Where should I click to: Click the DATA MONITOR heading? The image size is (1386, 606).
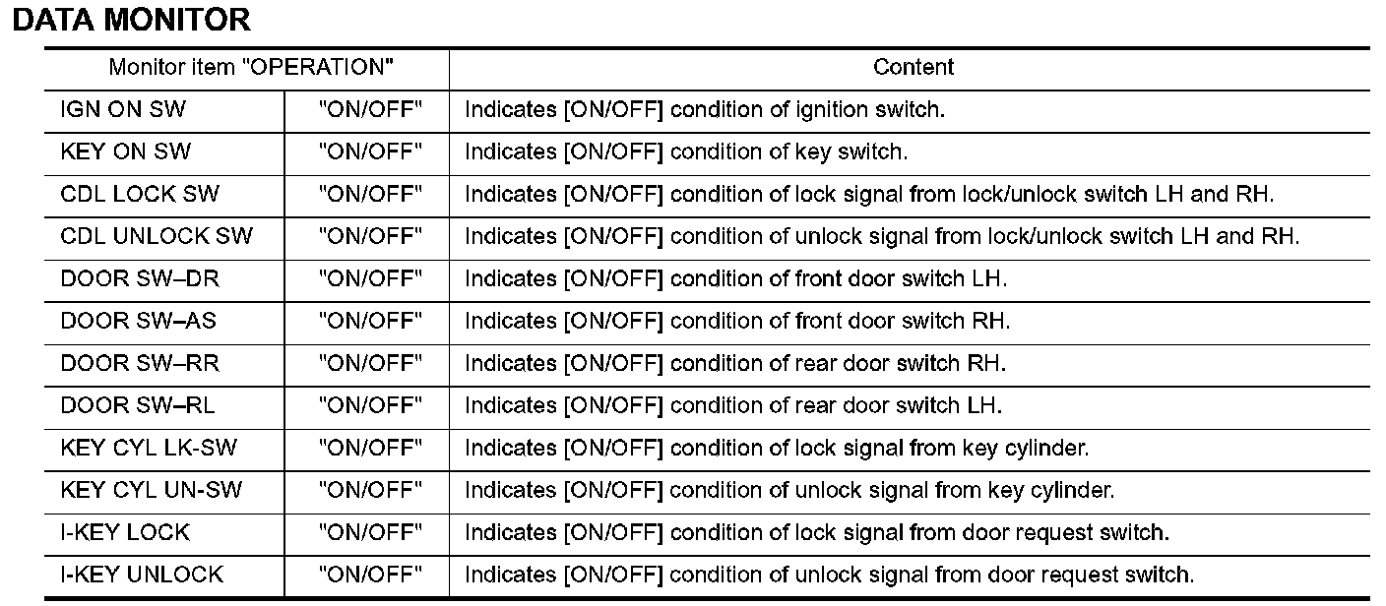tap(132, 20)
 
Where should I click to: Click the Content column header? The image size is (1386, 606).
tap(913, 68)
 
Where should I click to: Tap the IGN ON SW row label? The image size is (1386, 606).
tap(123, 110)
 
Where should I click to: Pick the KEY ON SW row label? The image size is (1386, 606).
tap(126, 152)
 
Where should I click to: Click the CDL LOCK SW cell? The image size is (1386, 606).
tap(133, 195)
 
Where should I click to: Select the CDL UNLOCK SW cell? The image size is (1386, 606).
tap(157, 237)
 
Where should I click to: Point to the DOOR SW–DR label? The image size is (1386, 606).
tap(140, 279)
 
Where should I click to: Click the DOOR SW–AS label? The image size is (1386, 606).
tap(139, 322)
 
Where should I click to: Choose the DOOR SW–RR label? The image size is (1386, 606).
tap(140, 364)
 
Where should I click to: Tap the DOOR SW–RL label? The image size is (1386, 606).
tap(138, 406)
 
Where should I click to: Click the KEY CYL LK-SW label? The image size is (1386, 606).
tap(149, 449)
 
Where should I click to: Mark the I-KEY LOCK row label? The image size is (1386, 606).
tap(125, 533)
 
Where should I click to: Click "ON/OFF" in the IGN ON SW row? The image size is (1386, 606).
tap(370, 110)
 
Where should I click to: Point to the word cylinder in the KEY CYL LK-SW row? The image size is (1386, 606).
tap(1047, 449)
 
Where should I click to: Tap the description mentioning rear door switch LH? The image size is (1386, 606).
tap(733, 406)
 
